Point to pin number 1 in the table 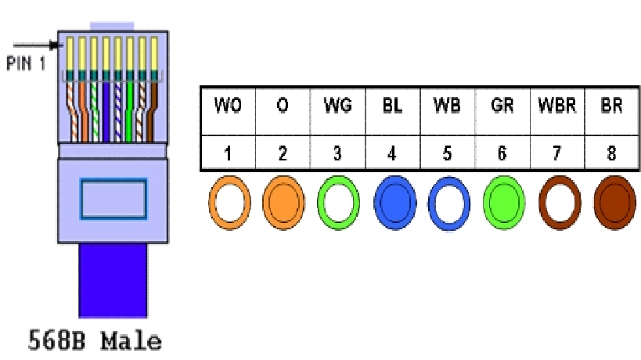coord(228,154)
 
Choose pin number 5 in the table coord(447,154)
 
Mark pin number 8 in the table coord(611,154)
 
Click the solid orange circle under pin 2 coord(283,203)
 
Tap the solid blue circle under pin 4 coord(393,203)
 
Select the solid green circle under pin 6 coord(502,203)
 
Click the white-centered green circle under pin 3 coord(338,203)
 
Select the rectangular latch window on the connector coord(114,196)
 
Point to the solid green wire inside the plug coord(130,110)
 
